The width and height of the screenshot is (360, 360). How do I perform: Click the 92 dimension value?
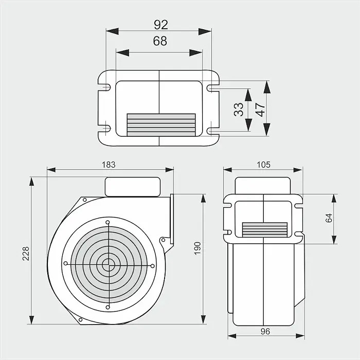pos(161,25)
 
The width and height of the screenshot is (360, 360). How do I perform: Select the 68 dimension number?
pos(160,41)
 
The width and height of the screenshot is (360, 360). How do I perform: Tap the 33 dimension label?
pos(239,109)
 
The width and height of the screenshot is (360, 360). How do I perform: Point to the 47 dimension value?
pos(260,110)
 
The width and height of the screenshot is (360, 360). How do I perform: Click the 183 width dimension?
pos(109,165)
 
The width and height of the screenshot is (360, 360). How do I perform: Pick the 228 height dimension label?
pos(26,254)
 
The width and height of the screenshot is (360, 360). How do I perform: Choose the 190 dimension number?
pos(197,248)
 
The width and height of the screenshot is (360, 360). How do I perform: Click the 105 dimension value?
pos(263,165)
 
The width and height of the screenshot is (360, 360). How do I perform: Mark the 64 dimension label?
pos(329,218)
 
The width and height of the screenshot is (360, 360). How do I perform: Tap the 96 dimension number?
pos(265,331)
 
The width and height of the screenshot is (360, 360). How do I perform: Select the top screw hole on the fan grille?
pos(107,222)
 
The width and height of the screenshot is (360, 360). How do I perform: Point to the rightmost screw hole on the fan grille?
pos(152,266)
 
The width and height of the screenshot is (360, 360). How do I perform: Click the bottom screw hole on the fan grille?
pos(107,307)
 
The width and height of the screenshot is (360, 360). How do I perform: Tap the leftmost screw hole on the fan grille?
pos(66,263)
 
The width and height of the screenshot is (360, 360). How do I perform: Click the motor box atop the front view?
pos(133,187)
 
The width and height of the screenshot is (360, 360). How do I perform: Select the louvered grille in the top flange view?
pos(161,125)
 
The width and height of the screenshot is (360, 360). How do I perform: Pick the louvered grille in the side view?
pos(265,230)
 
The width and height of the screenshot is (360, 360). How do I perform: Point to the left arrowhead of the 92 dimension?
pos(112,31)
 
